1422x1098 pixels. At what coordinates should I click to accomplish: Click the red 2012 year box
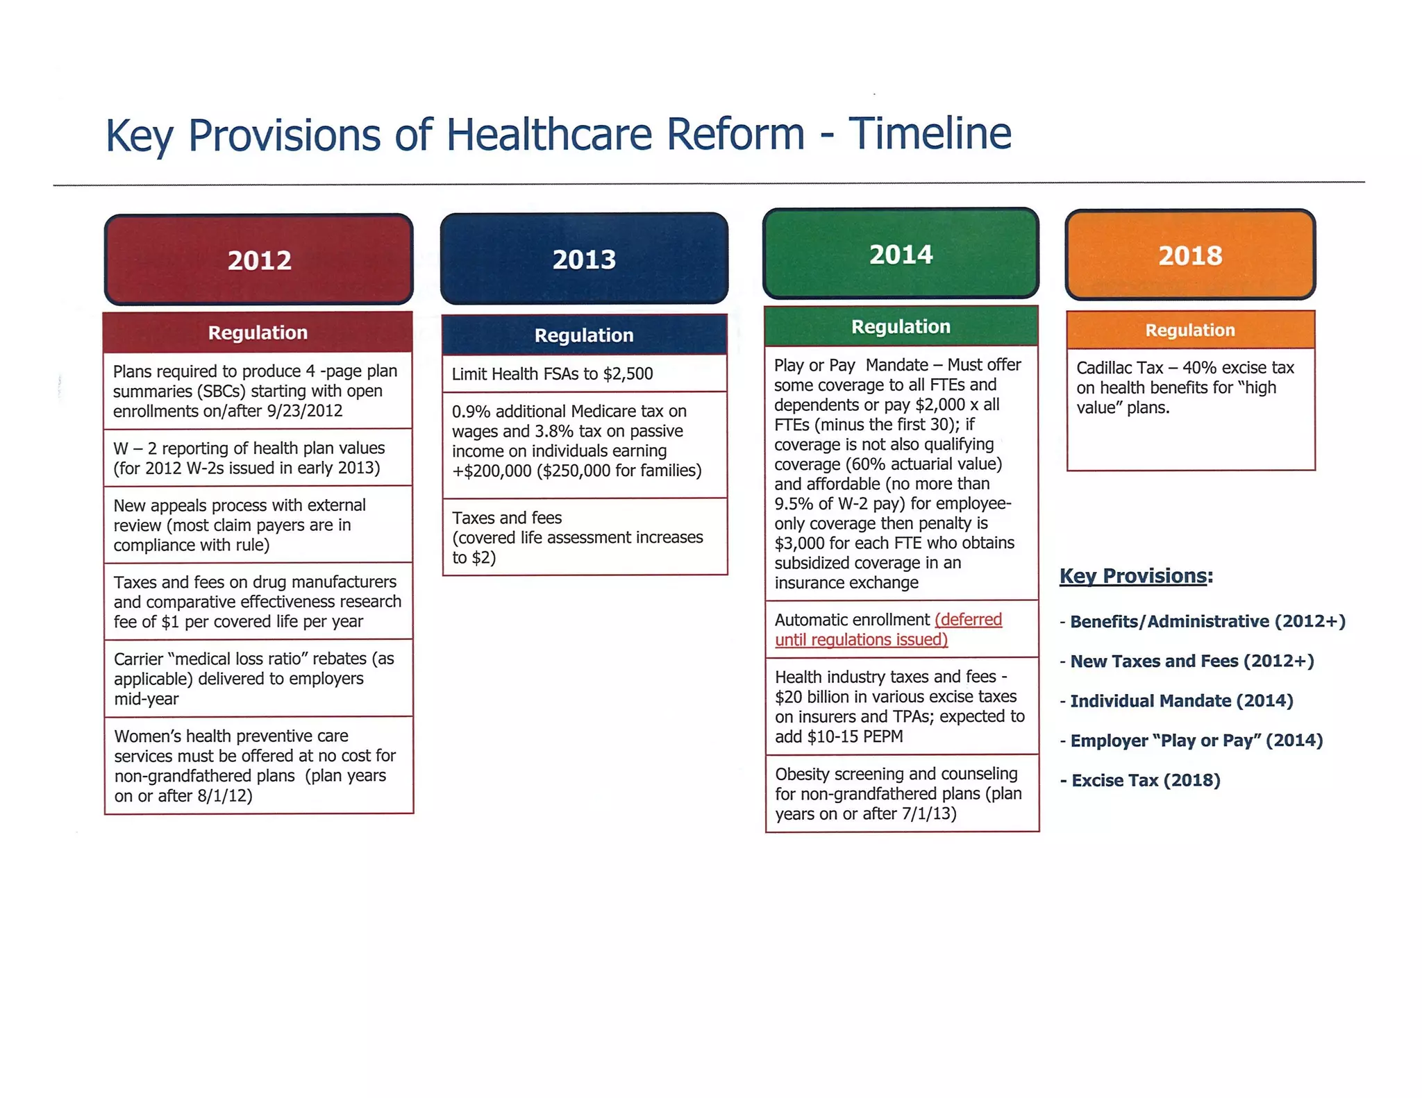click(258, 260)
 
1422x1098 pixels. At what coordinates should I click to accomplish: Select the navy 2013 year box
click(584, 259)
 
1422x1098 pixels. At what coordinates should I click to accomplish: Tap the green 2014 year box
click(901, 254)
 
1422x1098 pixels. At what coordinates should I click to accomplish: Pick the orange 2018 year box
click(1190, 255)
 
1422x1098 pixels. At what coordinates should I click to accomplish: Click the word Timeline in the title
click(930, 133)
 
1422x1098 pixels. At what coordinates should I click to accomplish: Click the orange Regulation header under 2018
click(1190, 330)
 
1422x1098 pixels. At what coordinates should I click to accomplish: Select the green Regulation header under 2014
click(901, 326)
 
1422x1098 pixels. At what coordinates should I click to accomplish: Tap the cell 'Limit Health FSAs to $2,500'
click(553, 374)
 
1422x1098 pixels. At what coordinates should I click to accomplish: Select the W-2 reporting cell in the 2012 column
click(249, 458)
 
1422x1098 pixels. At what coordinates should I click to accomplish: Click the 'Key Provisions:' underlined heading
click(1135, 576)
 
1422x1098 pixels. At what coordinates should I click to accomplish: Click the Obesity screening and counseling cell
click(898, 793)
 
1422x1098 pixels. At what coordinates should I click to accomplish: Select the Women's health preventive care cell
click(254, 766)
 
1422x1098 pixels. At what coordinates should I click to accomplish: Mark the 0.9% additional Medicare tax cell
click(576, 441)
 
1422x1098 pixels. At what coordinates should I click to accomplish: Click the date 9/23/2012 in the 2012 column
click(304, 411)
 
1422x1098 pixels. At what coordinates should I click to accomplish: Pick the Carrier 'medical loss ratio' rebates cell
click(253, 678)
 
